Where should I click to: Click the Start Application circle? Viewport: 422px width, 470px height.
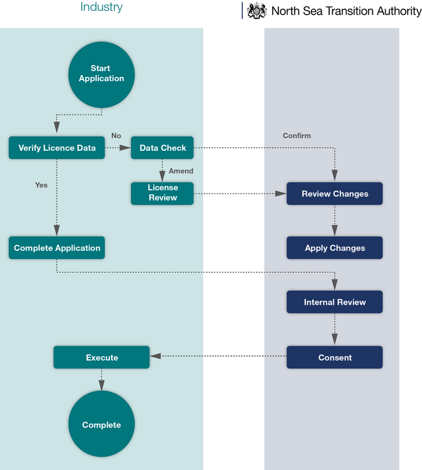[101, 73]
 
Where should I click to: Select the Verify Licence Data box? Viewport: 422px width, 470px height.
[57, 148]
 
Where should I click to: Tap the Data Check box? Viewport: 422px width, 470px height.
[162, 148]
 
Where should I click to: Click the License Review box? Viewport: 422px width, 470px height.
[162, 193]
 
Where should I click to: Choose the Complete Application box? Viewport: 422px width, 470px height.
[57, 248]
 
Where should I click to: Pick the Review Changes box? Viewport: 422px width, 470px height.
[335, 194]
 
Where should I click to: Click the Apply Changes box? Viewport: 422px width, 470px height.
[335, 248]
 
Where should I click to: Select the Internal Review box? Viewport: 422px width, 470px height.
[335, 302]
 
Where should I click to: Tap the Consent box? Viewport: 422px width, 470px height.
[335, 357]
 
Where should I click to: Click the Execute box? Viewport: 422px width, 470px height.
[102, 357]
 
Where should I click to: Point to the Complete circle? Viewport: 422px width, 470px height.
[101, 424]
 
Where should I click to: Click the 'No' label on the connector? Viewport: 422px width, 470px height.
[116, 135]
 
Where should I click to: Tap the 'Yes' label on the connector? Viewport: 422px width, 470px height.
[41, 185]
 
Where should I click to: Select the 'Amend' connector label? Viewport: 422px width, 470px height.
[181, 171]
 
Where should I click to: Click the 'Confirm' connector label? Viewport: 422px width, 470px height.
[297, 135]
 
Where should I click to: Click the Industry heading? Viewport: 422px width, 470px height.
[101, 7]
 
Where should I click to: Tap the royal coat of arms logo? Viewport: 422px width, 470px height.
[257, 11]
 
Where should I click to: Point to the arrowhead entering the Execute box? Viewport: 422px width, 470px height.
[155, 357]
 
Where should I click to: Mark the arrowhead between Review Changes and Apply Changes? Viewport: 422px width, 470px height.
[335, 230]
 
